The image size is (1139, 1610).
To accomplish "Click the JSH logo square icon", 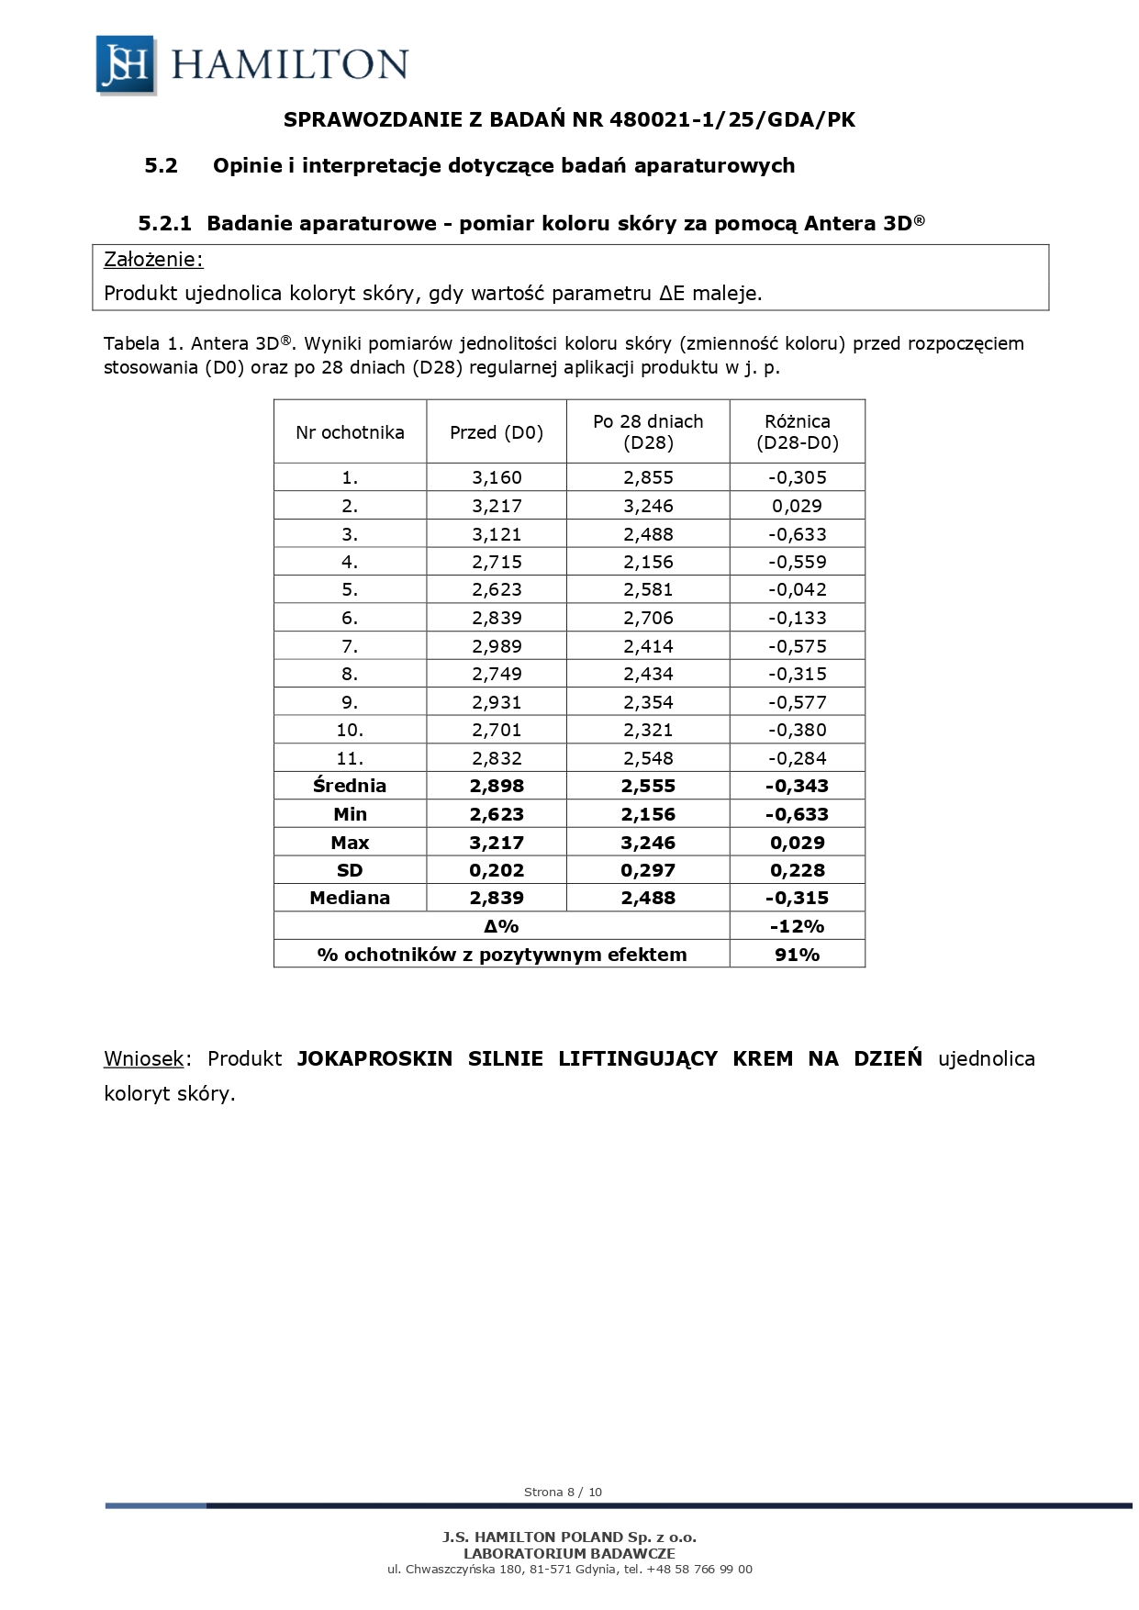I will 125,64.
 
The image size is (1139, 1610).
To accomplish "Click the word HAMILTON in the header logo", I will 289,65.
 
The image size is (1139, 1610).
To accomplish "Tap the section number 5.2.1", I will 164,223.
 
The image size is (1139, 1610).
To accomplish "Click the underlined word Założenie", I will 152,260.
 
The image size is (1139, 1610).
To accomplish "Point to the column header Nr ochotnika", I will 350,432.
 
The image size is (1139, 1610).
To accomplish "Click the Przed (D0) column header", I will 497,432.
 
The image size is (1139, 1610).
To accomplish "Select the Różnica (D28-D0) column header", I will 797,432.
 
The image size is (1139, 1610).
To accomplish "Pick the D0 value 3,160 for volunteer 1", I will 497,477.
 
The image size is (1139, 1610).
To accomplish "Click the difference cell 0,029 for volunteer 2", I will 797,506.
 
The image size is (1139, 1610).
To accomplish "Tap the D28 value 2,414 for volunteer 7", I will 648,646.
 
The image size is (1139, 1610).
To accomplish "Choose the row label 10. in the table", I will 350,730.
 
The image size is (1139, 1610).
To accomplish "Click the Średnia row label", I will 350,786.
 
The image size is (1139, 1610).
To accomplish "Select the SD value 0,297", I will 648,870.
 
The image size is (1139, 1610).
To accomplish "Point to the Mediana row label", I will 350,898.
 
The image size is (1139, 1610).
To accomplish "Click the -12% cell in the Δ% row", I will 797,926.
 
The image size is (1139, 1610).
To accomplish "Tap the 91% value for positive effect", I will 797,955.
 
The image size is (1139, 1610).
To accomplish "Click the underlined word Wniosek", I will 144,1058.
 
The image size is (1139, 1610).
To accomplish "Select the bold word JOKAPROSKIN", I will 374,1058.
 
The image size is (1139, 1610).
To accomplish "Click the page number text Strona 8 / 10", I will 563,1492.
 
